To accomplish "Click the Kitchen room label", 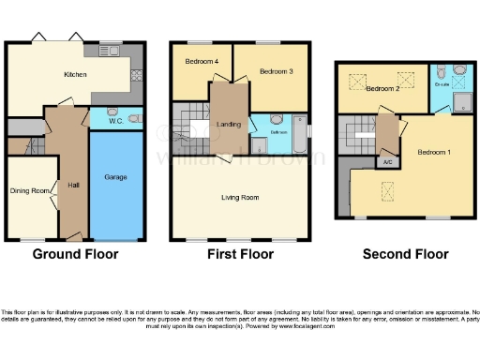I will click(x=75, y=75).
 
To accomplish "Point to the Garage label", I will click(x=115, y=176).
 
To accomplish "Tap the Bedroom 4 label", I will click(x=202, y=62).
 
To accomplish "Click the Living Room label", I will click(x=240, y=198).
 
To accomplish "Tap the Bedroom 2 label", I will click(x=382, y=89).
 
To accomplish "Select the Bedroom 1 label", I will click(x=433, y=152).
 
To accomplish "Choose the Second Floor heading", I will click(x=405, y=253).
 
